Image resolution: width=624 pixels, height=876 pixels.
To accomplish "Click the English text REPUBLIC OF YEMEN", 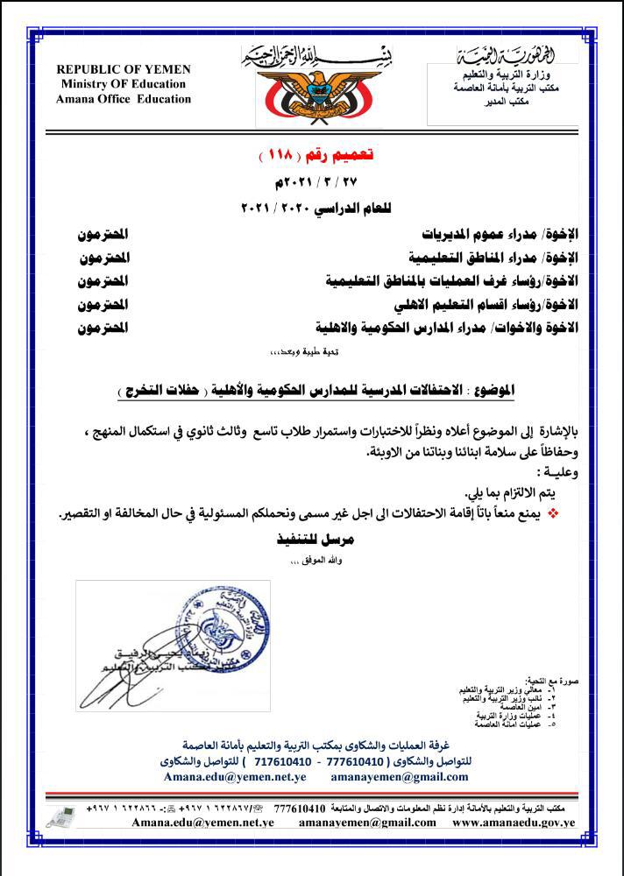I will coord(124,69).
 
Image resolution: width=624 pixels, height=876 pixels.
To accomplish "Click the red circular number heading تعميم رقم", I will coord(312,155).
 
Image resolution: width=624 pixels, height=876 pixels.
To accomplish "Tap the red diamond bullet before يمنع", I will coord(552,512).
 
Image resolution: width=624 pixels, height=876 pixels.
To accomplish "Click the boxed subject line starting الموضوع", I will coord(312,388).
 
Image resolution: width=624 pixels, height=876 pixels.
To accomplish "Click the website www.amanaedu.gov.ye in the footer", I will coord(514,823).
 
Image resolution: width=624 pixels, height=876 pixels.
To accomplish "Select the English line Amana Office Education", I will coord(124,99).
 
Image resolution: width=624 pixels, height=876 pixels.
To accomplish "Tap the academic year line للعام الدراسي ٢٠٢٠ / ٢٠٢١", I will coord(313,209).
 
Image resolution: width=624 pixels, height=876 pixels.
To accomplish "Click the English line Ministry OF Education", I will coord(124,84).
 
